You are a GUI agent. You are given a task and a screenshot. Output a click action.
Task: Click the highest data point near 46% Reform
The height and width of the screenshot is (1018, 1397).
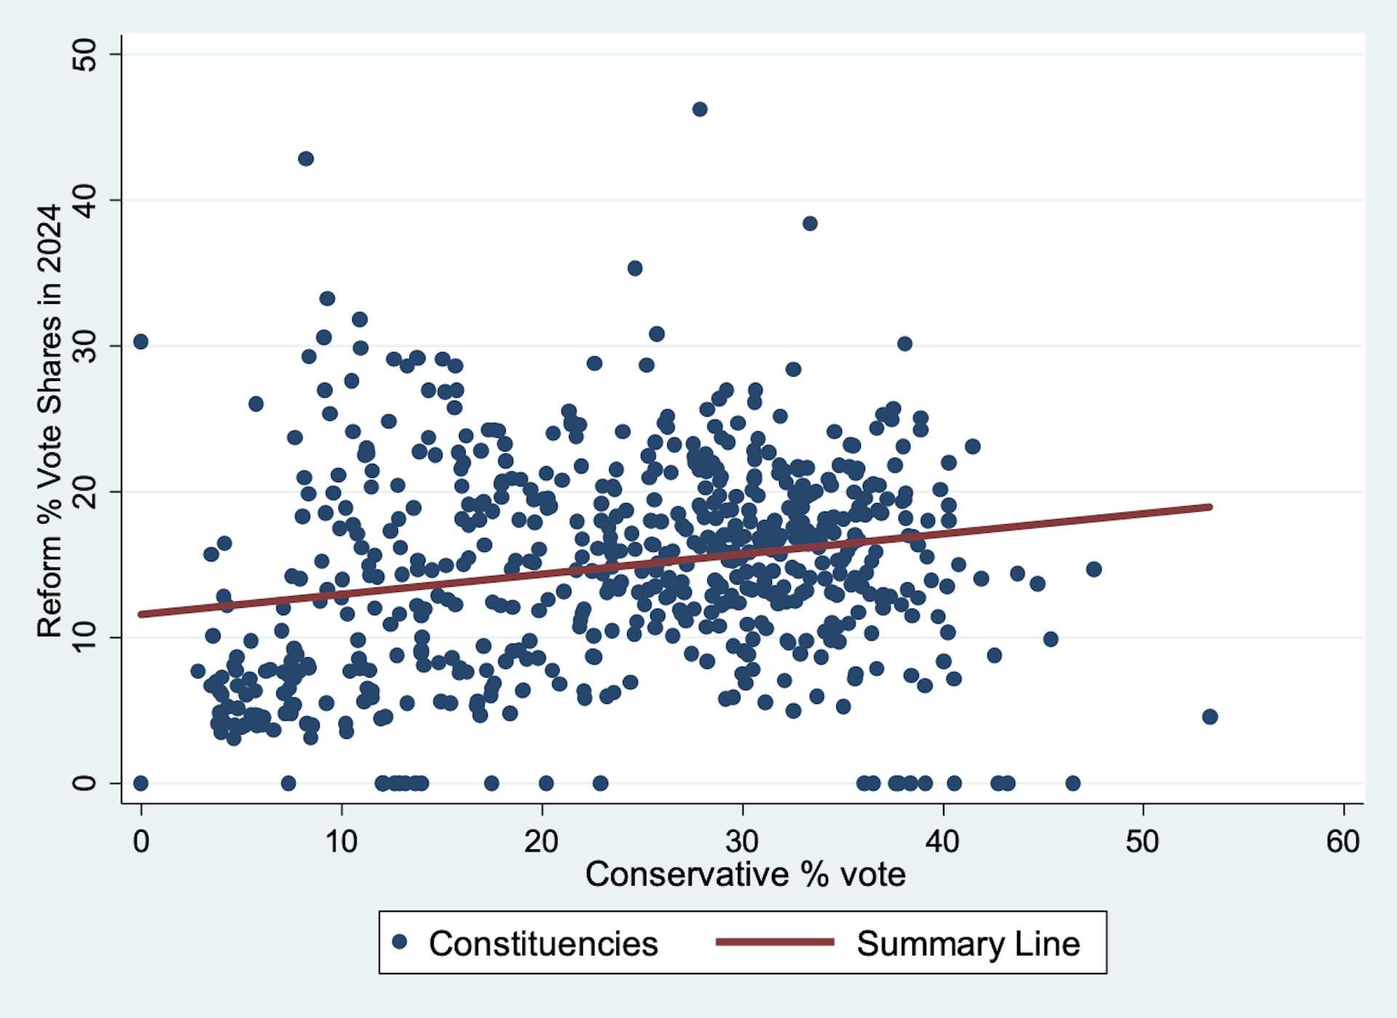click(699, 109)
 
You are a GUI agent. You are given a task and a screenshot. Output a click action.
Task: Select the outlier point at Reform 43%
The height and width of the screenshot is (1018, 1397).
click(306, 159)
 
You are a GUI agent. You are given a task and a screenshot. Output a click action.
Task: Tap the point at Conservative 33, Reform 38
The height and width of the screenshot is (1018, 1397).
click(810, 223)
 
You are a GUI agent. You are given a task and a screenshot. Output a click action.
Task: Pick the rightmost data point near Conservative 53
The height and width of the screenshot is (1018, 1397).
click(1209, 716)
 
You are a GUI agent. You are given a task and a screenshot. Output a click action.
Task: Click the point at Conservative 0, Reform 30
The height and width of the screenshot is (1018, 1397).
click(140, 342)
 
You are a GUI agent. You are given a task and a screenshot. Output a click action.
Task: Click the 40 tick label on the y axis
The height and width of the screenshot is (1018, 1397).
click(85, 200)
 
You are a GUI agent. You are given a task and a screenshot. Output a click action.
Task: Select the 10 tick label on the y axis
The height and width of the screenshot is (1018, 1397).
click(85, 637)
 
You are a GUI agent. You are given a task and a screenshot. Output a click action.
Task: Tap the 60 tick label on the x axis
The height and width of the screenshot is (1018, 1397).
click(1342, 841)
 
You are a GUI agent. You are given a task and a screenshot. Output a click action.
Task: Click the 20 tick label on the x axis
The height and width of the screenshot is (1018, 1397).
click(541, 841)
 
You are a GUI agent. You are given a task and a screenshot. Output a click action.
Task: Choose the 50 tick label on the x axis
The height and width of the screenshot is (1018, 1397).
click(1142, 841)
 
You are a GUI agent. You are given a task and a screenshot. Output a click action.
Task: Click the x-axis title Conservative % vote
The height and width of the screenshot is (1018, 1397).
click(745, 874)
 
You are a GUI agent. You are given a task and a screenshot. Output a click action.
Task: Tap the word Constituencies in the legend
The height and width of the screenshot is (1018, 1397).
click(543, 943)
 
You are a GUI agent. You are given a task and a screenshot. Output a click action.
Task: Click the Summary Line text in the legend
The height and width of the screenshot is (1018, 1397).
click(968, 943)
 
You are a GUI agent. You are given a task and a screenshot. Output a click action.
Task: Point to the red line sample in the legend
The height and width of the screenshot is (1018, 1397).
click(774, 942)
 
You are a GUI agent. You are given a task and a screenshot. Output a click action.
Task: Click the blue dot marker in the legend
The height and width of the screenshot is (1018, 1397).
click(399, 942)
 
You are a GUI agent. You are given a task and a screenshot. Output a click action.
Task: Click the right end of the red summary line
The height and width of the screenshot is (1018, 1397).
click(1209, 507)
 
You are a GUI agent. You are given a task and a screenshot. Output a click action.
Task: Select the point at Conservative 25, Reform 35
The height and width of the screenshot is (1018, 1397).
click(634, 268)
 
